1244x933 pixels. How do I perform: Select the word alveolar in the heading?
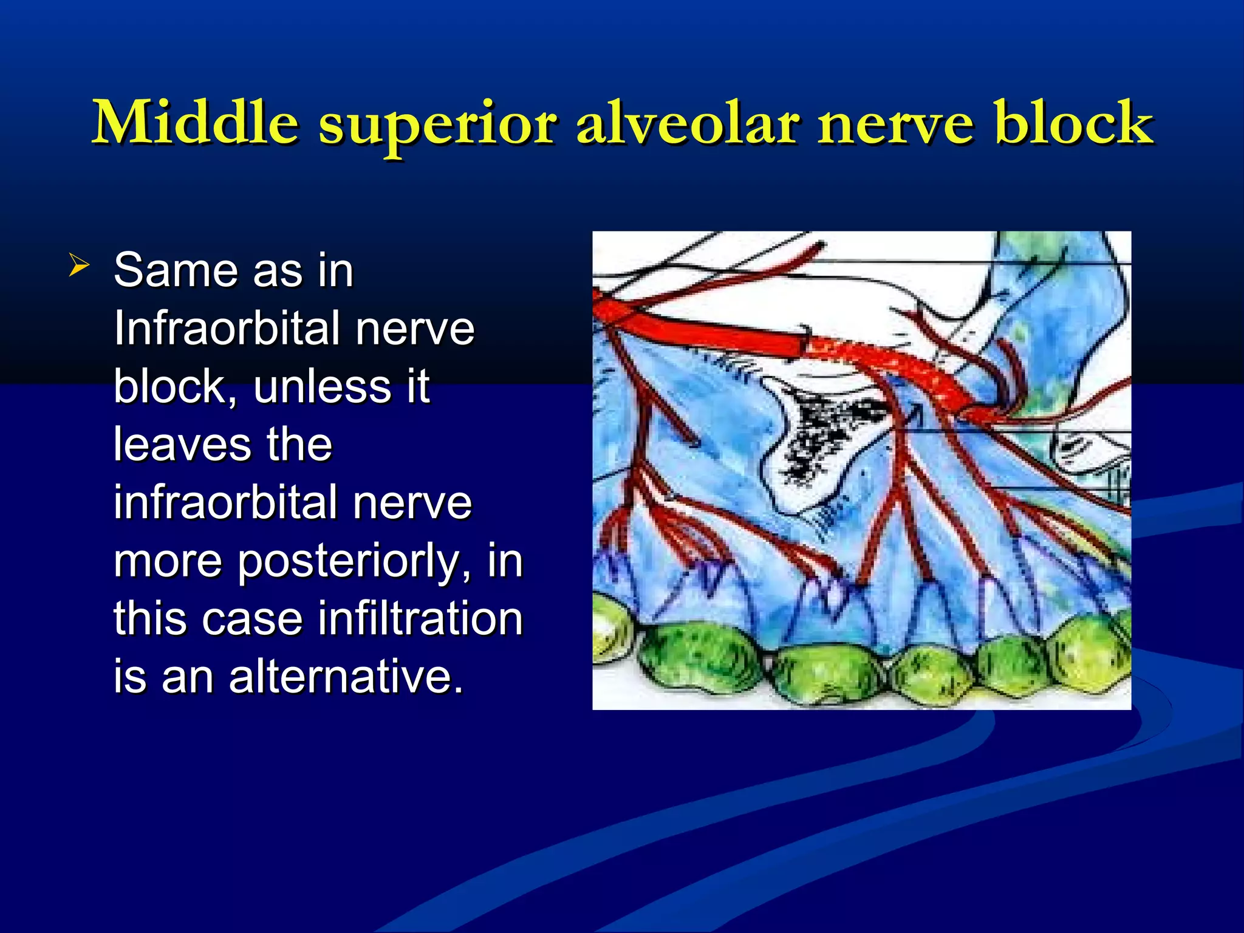[687, 123]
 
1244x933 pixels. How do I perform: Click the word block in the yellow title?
[1074, 123]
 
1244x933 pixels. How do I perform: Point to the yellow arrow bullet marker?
[80, 265]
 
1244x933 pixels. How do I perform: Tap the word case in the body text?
[252, 619]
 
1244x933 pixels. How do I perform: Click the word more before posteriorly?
[168, 562]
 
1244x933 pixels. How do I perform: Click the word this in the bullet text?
[149, 619]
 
